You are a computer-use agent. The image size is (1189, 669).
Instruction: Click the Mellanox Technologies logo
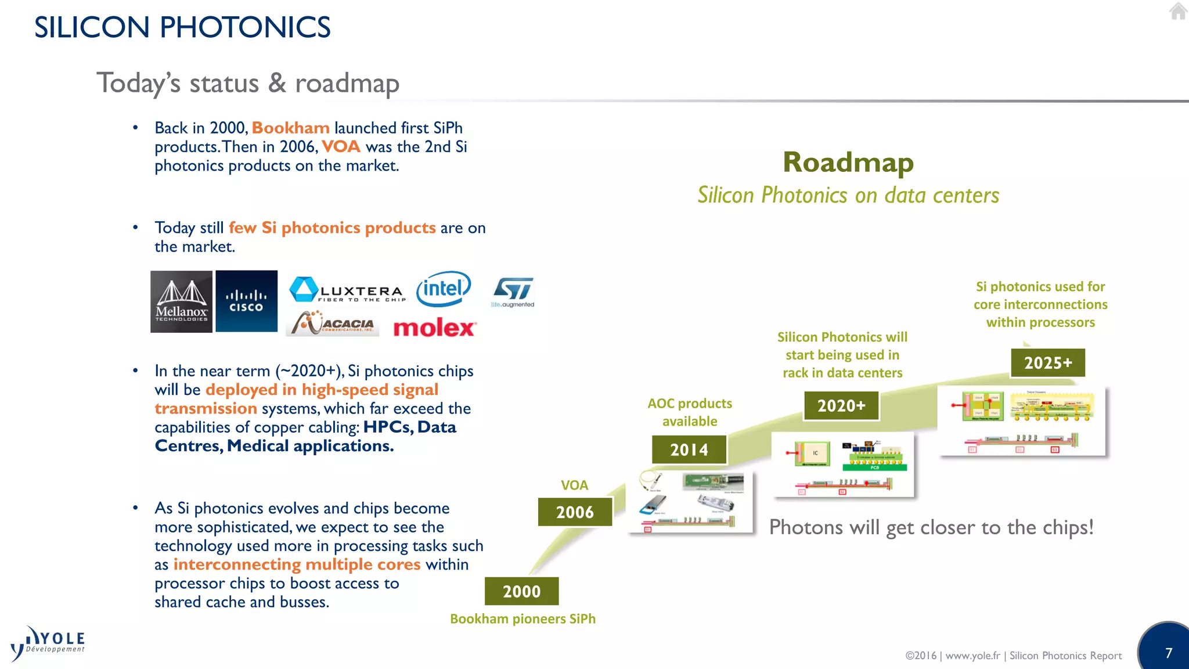point(181,301)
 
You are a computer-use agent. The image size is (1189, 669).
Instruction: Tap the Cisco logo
point(246,301)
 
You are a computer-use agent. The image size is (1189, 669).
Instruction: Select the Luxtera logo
point(347,290)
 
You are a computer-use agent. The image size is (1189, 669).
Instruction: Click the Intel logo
point(444,289)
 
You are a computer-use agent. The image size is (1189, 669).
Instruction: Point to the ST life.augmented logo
point(513,292)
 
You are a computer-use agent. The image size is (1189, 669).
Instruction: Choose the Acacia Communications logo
point(333,323)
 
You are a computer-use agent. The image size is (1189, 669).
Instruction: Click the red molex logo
point(434,328)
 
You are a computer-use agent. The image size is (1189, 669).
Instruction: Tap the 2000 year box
point(521,591)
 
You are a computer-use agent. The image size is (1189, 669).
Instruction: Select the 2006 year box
point(575,512)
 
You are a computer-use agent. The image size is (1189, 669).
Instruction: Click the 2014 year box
point(689,449)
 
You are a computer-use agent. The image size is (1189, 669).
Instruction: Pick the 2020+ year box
point(841,405)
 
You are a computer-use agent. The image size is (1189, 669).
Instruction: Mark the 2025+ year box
point(1048,363)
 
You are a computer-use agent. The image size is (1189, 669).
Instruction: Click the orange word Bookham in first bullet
point(290,128)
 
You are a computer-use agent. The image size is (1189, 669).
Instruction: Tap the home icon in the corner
point(1178,11)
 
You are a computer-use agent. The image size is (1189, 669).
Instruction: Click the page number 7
point(1169,653)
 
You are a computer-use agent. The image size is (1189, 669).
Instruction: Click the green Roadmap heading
point(848,162)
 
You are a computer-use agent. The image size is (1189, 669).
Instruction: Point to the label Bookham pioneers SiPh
point(523,619)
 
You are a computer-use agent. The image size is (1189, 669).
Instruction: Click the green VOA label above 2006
point(574,485)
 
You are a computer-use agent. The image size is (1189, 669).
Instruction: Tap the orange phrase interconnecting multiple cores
point(297,564)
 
